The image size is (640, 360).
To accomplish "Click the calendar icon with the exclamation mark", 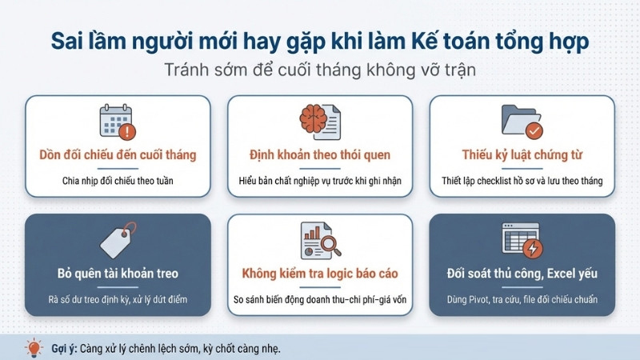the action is coord(118,122).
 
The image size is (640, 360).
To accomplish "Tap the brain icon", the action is coord(313,118).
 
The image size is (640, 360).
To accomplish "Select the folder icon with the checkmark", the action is coord(522,122).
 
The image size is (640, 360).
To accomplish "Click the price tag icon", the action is coord(118,240).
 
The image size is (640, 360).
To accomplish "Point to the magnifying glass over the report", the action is coord(330,245).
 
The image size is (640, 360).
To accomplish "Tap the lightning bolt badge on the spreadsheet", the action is coord(533,248).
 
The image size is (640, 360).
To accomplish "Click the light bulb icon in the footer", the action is coord(34,348).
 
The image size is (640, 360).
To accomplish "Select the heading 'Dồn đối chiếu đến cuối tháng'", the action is coord(118,155).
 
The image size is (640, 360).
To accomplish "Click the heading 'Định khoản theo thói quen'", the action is coord(320,155).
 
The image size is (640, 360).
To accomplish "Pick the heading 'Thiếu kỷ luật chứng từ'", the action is coord(522,155).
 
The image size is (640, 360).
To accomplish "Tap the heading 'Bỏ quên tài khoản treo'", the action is coord(118,274).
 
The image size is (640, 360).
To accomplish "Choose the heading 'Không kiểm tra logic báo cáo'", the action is coord(320,274).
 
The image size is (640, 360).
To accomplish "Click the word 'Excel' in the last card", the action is coord(559,274).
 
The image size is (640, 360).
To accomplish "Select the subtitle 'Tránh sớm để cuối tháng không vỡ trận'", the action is coord(320,70).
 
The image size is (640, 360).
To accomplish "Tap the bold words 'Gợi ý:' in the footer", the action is coord(64,349).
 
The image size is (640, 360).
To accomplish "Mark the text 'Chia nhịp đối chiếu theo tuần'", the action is coord(118,181).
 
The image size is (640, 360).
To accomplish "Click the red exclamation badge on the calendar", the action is coord(127,131).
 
